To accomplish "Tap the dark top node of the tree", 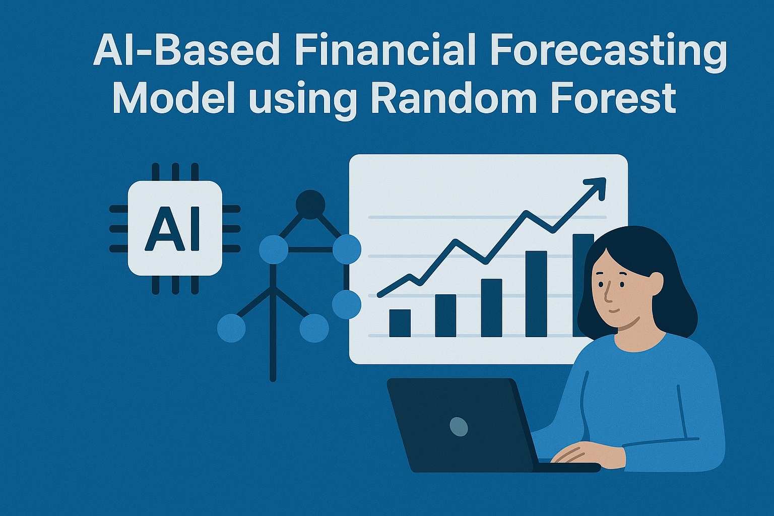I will click(310, 204).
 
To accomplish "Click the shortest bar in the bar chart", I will click(400, 323).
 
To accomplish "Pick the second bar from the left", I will click(445, 315).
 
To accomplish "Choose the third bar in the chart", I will click(491, 308).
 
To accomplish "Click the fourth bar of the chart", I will click(536, 294).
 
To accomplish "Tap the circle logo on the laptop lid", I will click(458, 426).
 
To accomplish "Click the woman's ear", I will click(656, 283).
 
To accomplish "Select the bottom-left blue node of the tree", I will click(231, 328).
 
